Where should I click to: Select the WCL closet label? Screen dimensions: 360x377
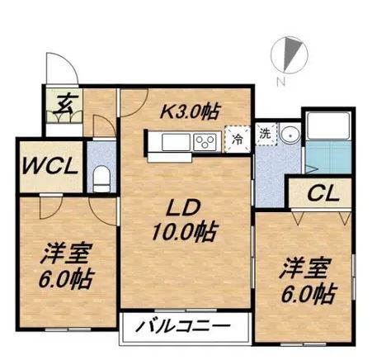[50, 164]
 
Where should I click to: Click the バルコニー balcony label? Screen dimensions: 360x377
[186, 327]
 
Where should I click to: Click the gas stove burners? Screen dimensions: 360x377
[205, 142]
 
